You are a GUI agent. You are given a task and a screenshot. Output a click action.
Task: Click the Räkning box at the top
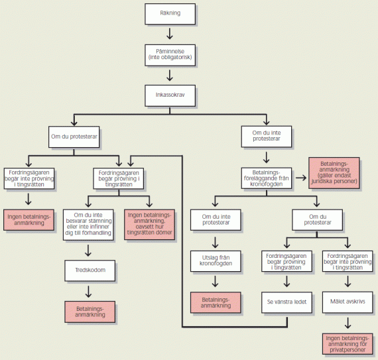pos(170,14)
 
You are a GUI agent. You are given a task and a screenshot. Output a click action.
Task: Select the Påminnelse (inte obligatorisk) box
pos(170,55)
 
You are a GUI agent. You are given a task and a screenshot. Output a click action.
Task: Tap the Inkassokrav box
pos(170,95)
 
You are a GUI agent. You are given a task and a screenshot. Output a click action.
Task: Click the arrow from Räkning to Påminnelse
pos(170,34)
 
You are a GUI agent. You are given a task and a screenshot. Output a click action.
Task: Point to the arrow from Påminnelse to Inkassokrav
pos(170,76)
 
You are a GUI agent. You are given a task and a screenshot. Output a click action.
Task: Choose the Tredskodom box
pos(90,270)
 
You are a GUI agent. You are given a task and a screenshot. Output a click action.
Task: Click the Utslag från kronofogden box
pos(216,261)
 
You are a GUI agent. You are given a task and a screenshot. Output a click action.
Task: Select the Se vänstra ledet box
pos(286,302)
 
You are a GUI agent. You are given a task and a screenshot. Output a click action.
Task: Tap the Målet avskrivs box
pos(347,302)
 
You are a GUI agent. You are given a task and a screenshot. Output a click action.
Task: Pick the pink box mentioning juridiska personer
pos(334,173)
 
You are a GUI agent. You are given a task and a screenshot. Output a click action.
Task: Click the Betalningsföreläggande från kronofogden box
pos(267,178)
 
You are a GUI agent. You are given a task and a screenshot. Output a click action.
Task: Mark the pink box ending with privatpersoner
pos(347,344)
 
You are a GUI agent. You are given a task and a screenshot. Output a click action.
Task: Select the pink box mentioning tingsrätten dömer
pos(149,224)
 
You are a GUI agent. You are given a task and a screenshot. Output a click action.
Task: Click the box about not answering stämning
pos(88,225)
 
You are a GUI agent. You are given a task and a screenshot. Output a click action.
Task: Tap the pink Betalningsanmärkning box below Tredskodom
pos(90,312)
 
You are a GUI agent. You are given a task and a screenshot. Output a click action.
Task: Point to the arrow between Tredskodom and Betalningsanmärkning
pos(88,291)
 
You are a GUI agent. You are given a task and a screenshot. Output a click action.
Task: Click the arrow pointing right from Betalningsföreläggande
pos(301,178)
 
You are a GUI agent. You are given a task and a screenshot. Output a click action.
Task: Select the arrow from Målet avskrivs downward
pos(347,323)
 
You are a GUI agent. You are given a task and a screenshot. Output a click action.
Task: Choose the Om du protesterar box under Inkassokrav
pos(74,137)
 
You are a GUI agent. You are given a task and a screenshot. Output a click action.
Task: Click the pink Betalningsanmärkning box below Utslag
pos(216,302)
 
